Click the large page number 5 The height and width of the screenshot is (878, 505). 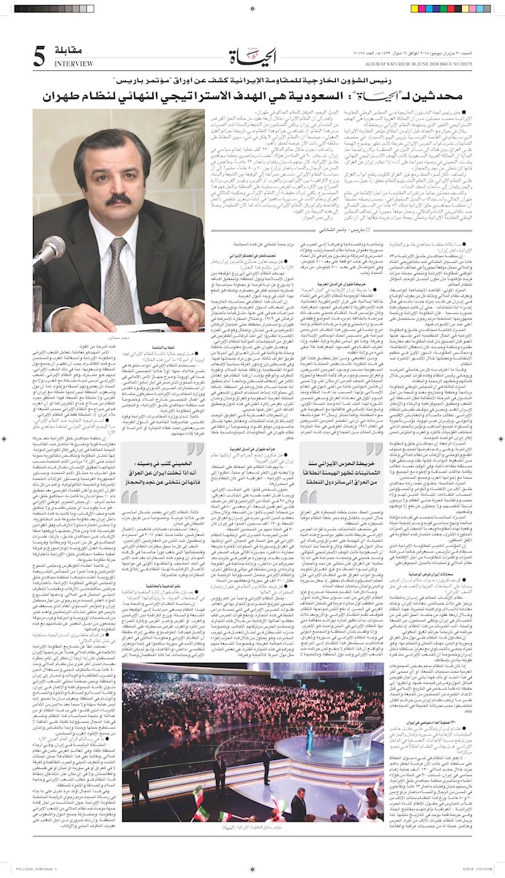(x=39, y=57)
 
